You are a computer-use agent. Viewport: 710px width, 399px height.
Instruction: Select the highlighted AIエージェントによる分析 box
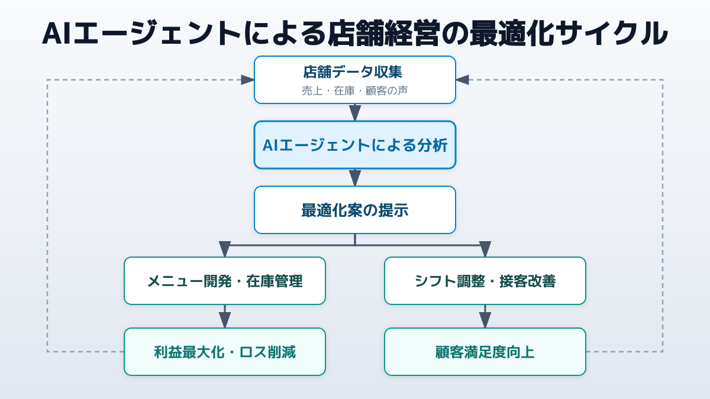(354, 145)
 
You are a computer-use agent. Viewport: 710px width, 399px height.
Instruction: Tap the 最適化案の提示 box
(354, 210)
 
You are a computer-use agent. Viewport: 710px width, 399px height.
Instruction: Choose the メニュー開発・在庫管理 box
(224, 281)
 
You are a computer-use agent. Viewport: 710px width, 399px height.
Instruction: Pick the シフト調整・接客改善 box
(485, 281)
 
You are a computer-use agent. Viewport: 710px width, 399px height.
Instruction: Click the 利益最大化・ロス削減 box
(224, 352)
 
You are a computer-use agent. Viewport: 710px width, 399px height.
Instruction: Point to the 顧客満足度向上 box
(485, 352)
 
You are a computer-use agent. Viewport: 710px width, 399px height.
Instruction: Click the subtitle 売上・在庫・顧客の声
(354, 90)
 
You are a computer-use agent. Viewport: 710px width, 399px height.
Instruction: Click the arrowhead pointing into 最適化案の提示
(354, 178)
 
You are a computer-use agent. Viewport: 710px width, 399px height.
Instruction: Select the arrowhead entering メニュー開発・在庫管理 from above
(224, 249)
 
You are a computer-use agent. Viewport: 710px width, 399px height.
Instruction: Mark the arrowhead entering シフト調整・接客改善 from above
(485, 249)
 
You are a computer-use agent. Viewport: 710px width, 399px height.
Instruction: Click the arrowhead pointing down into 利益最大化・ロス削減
(224, 320)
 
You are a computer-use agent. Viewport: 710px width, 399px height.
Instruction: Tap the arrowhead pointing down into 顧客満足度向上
(485, 320)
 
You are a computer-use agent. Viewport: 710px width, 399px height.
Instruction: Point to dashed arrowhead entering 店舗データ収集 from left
(247, 80)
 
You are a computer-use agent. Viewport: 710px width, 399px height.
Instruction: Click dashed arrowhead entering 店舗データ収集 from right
(462, 80)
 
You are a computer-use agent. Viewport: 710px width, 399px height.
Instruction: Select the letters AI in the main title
(57, 33)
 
